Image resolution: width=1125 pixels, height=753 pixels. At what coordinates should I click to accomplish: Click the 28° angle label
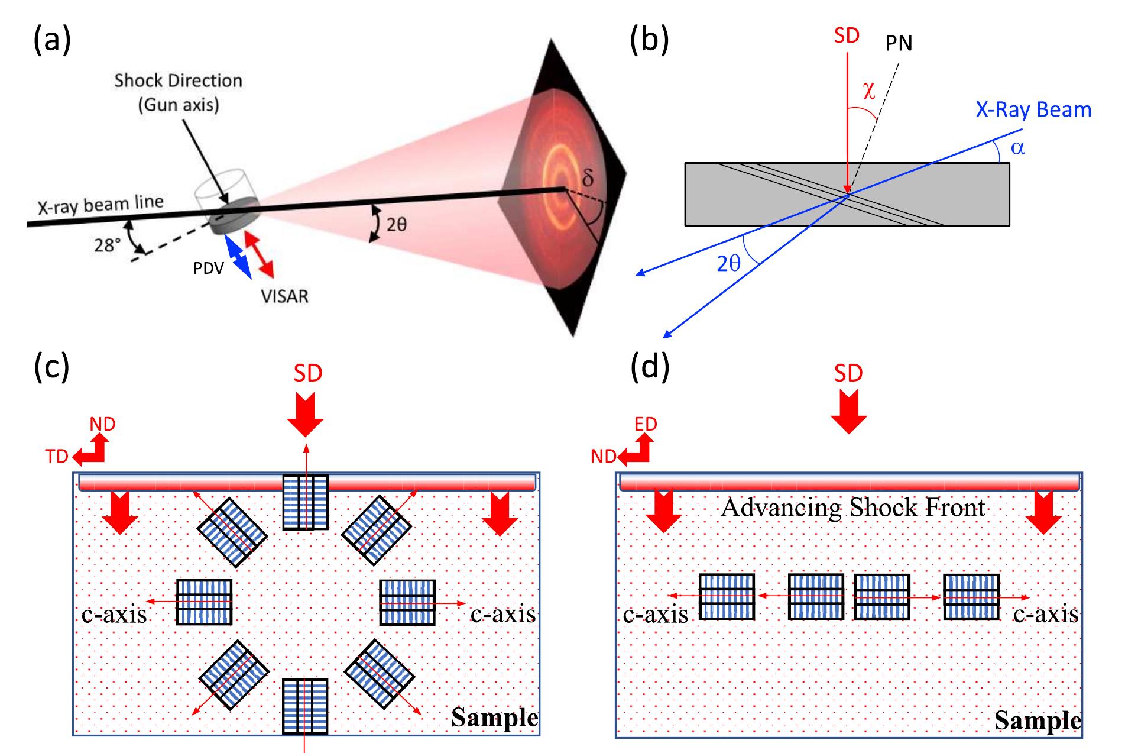pos(108,244)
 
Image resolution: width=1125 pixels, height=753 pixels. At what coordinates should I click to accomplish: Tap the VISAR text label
pos(285,296)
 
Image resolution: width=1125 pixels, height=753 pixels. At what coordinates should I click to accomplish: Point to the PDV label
pos(208,269)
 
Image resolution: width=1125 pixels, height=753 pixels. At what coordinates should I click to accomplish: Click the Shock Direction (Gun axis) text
pos(179,92)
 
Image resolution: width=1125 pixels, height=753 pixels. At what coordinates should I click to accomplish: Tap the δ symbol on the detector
pos(586,176)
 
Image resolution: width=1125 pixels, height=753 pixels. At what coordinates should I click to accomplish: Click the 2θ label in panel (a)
pos(397,225)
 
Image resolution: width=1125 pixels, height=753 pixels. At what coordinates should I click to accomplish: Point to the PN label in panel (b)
pos(899,43)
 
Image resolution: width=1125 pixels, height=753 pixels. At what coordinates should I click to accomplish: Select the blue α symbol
pos(1017,147)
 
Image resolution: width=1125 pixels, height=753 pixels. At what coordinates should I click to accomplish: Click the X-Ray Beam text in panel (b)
pos(1033,110)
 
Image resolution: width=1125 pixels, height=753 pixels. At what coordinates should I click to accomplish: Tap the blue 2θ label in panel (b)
pos(728,264)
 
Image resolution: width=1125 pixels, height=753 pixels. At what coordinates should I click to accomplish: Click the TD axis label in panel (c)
pos(57,456)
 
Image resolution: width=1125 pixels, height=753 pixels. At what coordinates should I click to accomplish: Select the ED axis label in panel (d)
pos(646,424)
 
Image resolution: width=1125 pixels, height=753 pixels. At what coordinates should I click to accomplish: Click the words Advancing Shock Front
pos(852,508)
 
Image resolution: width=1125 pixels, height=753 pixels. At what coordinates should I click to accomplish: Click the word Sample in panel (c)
pos(494,718)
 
